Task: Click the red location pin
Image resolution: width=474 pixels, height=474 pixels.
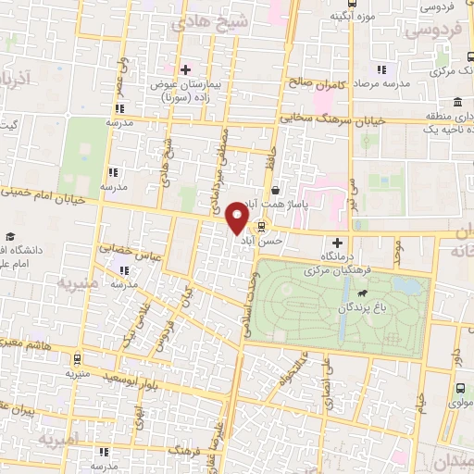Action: click(238, 218)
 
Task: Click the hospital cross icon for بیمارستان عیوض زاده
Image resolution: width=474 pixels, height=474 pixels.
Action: click(185, 69)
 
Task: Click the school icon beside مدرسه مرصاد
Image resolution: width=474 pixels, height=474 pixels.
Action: click(380, 70)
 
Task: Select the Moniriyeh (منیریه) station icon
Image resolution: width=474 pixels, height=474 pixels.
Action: click(76, 360)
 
